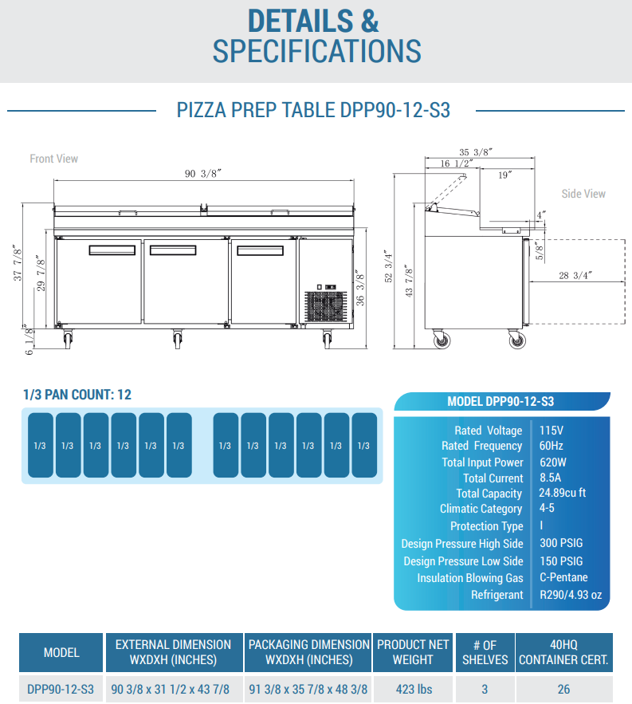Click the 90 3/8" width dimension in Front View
click(x=202, y=175)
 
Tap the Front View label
click(x=54, y=159)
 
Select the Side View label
click(x=583, y=194)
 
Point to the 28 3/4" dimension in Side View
click(x=575, y=275)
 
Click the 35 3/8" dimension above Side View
click(x=477, y=152)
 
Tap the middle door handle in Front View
click(x=173, y=250)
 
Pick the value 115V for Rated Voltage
click(x=552, y=430)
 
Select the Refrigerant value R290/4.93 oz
click(x=571, y=595)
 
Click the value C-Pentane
click(x=563, y=577)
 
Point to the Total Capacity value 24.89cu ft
click(x=563, y=493)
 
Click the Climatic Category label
click(x=481, y=509)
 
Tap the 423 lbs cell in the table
click(x=413, y=688)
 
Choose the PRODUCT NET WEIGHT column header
click(x=413, y=651)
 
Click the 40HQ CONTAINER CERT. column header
click(x=563, y=651)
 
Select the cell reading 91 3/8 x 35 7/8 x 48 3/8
click(x=308, y=688)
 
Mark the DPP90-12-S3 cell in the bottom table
click(x=61, y=688)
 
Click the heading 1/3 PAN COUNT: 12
click(x=77, y=394)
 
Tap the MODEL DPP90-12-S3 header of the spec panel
click(x=503, y=401)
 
